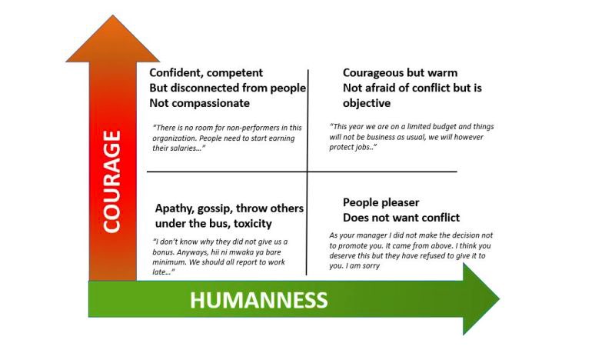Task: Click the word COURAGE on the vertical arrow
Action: tap(112, 182)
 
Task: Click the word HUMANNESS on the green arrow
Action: tap(259, 300)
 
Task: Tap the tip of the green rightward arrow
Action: tap(498, 299)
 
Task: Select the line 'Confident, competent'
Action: tap(205, 73)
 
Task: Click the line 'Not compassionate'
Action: tap(200, 103)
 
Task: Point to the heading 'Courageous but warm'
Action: tap(400, 73)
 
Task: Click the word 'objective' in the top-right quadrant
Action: tap(367, 103)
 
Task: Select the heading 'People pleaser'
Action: tap(381, 202)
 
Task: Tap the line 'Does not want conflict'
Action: tap(401, 218)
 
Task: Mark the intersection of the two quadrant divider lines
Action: tap(307, 171)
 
